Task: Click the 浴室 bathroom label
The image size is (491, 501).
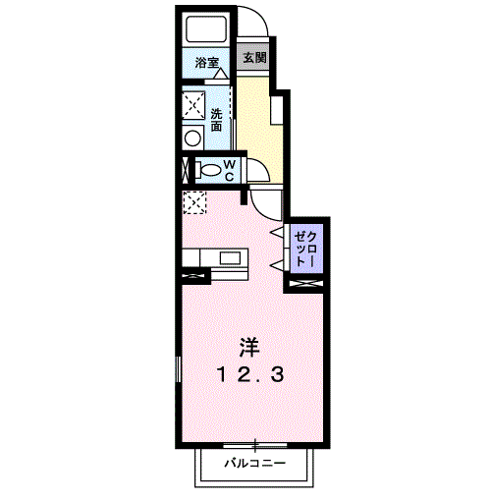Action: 205,63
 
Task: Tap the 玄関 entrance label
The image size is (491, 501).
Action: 253,58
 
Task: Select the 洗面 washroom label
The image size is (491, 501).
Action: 215,120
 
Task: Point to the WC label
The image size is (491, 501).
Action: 228,169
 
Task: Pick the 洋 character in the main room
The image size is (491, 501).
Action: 250,346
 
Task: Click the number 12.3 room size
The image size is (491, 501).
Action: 252,374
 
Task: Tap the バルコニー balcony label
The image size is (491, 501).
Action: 254,461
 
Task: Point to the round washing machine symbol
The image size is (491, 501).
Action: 191,139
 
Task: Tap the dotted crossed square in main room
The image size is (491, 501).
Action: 193,202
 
